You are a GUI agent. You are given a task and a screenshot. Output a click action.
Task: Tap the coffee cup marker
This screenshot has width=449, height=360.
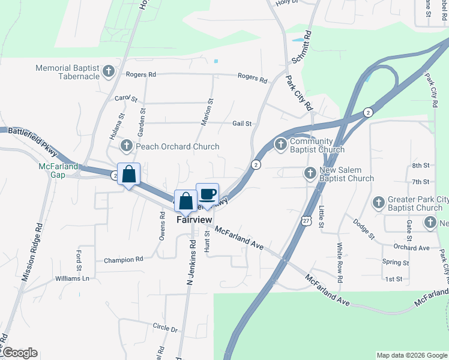pyautogui.click(x=208, y=194)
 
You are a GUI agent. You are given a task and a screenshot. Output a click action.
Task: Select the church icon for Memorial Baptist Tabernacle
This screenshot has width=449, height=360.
pyautogui.click(x=109, y=72)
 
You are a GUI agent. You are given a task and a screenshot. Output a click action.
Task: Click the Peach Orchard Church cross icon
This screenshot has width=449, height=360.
pyautogui.click(x=127, y=146)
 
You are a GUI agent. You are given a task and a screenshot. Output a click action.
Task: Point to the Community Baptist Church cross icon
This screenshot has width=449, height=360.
pyautogui.click(x=280, y=144)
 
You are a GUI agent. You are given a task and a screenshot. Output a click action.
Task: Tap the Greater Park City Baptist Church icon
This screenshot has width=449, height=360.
pyautogui.click(x=379, y=203)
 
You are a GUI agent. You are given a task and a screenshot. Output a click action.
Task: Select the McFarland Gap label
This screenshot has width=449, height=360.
pyautogui.click(x=59, y=170)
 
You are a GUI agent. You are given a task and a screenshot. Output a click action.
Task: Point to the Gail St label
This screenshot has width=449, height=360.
pyautogui.click(x=242, y=123)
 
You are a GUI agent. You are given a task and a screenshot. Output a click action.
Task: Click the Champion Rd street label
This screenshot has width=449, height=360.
pyautogui.click(x=124, y=260)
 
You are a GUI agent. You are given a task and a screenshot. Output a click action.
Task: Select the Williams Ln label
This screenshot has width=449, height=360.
pyautogui.click(x=72, y=278)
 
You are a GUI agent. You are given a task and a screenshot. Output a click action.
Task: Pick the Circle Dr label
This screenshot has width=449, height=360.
pyautogui.click(x=166, y=329)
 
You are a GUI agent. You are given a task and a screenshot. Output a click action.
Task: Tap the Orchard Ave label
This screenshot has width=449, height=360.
pyautogui.click(x=412, y=247)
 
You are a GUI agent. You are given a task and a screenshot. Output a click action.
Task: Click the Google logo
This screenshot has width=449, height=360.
pyautogui.click(x=20, y=353)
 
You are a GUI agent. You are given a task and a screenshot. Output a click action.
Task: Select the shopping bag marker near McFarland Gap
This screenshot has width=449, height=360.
pyautogui.click(x=128, y=175)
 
